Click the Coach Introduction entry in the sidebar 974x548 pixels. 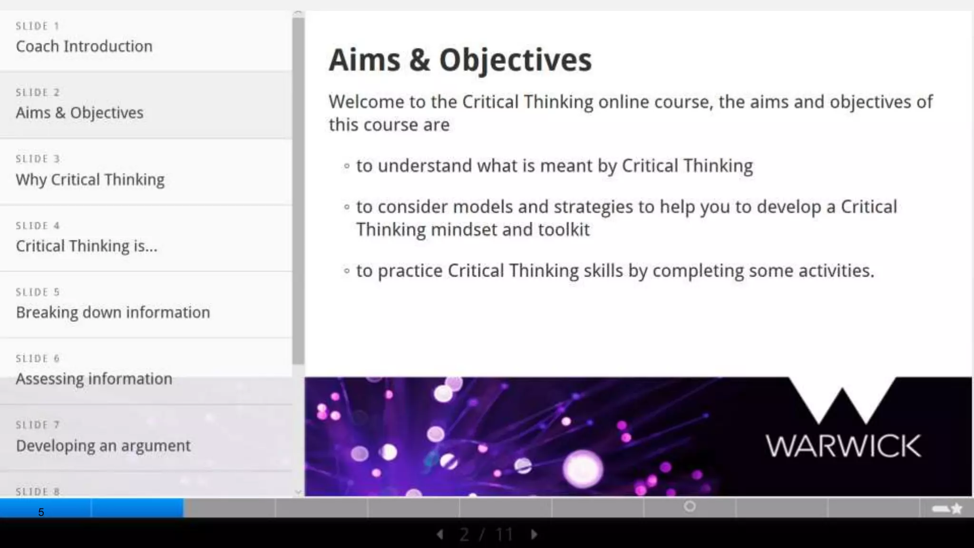(84, 46)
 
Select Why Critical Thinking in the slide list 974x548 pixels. (90, 179)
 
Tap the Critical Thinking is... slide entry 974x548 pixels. (86, 246)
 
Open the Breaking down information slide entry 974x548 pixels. (113, 313)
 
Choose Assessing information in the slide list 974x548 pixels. (94, 379)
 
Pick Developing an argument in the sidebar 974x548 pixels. (103, 446)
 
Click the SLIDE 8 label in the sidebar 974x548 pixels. (38, 491)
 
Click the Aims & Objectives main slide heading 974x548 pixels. (460, 60)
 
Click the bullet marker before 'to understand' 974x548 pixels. (347, 166)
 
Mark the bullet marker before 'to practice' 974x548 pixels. (347, 271)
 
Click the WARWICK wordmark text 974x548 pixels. (843, 446)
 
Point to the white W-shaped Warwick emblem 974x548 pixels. (842, 401)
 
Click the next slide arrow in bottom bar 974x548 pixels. (534, 535)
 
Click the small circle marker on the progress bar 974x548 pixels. (690, 507)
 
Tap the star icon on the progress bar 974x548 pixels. (957, 509)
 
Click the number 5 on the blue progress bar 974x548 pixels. (41, 512)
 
